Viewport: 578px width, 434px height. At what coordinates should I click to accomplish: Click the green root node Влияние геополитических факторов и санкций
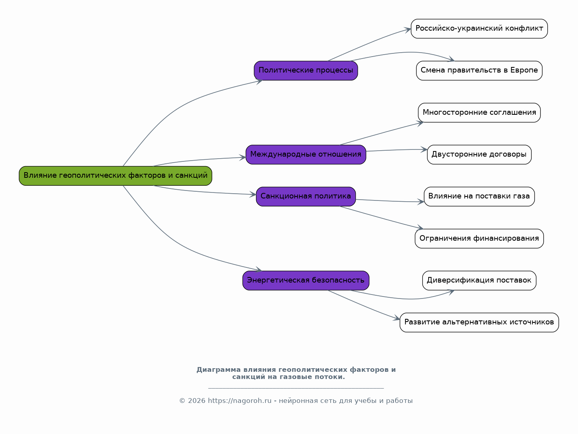pyautogui.click(x=116, y=176)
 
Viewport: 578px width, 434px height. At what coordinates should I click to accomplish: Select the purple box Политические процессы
pyautogui.click(x=306, y=71)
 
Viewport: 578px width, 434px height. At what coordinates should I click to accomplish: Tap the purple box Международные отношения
pyautogui.click(x=306, y=155)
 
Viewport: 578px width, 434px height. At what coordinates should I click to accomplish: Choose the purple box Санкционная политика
pyautogui.click(x=306, y=196)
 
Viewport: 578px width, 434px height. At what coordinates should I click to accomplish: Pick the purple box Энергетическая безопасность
pyautogui.click(x=306, y=281)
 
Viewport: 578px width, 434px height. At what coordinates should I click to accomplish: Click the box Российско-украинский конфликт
pyautogui.click(x=479, y=29)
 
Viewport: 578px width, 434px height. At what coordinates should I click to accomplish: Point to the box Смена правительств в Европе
pyautogui.click(x=479, y=71)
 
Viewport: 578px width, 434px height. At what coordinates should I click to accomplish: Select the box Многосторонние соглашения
pyautogui.click(x=479, y=113)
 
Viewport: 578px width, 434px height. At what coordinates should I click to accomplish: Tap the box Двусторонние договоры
pyautogui.click(x=479, y=155)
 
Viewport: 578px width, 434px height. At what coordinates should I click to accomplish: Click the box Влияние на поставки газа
pyautogui.click(x=479, y=196)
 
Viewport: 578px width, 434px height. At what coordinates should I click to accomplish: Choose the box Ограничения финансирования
pyautogui.click(x=479, y=239)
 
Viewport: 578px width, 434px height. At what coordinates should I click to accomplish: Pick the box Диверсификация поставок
pyautogui.click(x=479, y=281)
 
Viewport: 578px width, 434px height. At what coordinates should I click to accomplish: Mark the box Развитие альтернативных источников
pyautogui.click(x=479, y=322)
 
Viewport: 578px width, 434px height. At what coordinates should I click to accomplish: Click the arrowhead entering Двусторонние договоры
pyautogui.click(x=424, y=149)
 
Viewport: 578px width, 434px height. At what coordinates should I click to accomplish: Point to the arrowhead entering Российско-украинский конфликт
pyautogui.click(x=408, y=30)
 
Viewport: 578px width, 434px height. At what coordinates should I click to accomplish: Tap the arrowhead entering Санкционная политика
pyautogui.click(x=253, y=194)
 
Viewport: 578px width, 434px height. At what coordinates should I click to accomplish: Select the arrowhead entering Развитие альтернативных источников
pyautogui.click(x=397, y=318)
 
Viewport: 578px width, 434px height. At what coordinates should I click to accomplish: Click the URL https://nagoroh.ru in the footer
pyautogui.click(x=240, y=401)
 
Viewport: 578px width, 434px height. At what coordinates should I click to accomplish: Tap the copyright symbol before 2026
pyautogui.click(x=182, y=401)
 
